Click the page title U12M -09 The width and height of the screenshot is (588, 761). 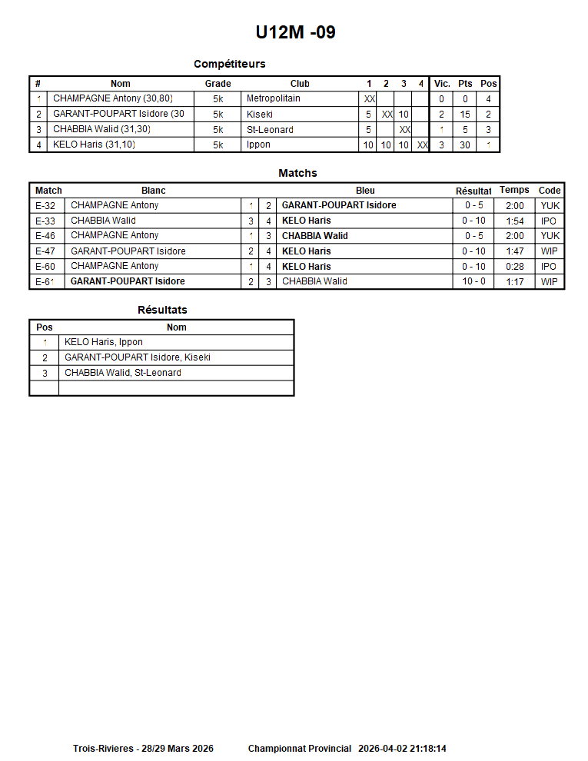pos(295,32)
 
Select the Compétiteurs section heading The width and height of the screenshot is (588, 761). pos(229,64)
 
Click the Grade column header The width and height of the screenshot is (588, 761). pos(218,84)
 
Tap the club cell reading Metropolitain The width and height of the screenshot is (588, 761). pos(274,98)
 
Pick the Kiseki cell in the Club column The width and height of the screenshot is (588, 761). pos(260,114)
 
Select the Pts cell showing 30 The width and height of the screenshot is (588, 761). pos(465,145)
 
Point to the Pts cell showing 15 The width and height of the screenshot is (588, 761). pos(465,114)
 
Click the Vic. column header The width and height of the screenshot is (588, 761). pos(442,84)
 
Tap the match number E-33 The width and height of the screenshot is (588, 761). pos(45,221)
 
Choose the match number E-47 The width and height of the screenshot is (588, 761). pos(45,251)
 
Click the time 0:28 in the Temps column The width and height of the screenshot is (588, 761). pos(515,266)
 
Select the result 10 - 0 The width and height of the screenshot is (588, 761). pos(473,281)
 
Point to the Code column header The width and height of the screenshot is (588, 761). pos(550,190)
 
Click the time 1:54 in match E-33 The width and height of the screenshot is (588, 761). pos(515,221)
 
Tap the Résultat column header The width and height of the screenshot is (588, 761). pos(473,191)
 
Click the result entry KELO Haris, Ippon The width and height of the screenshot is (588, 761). pos(104,342)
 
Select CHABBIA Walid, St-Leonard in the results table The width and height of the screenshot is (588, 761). pos(123,373)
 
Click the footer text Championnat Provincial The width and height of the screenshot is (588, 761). pos(300,748)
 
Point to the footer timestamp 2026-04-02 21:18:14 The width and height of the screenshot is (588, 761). pos(402,748)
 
